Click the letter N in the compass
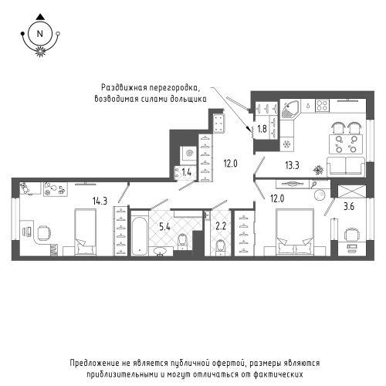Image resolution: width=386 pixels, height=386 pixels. (x=40, y=34)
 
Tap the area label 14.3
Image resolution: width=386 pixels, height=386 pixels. (x=100, y=201)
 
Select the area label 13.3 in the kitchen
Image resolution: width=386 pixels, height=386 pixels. (x=292, y=165)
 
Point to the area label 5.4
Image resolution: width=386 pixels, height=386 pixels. (x=164, y=227)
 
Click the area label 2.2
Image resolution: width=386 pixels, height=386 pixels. (x=221, y=226)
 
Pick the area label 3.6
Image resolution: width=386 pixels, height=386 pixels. (x=349, y=206)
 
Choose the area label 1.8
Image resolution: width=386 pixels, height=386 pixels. (x=262, y=128)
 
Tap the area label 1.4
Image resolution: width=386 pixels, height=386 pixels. (x=186, y=172)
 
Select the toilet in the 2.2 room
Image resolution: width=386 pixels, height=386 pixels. (x=221, y=247)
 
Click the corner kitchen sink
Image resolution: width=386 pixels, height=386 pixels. (x=289, y=109)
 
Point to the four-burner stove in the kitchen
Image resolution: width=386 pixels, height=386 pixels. (x=323, y=105)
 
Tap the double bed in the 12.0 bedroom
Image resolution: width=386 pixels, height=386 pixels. (x=295, y=232)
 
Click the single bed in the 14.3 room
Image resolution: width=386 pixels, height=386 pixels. (x=85, y=232)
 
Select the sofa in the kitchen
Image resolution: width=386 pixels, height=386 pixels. (x=346, y=167)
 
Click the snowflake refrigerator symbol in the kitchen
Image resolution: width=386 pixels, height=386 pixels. (x=286, y=144)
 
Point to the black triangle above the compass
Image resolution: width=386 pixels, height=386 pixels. (x=40, y=17)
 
